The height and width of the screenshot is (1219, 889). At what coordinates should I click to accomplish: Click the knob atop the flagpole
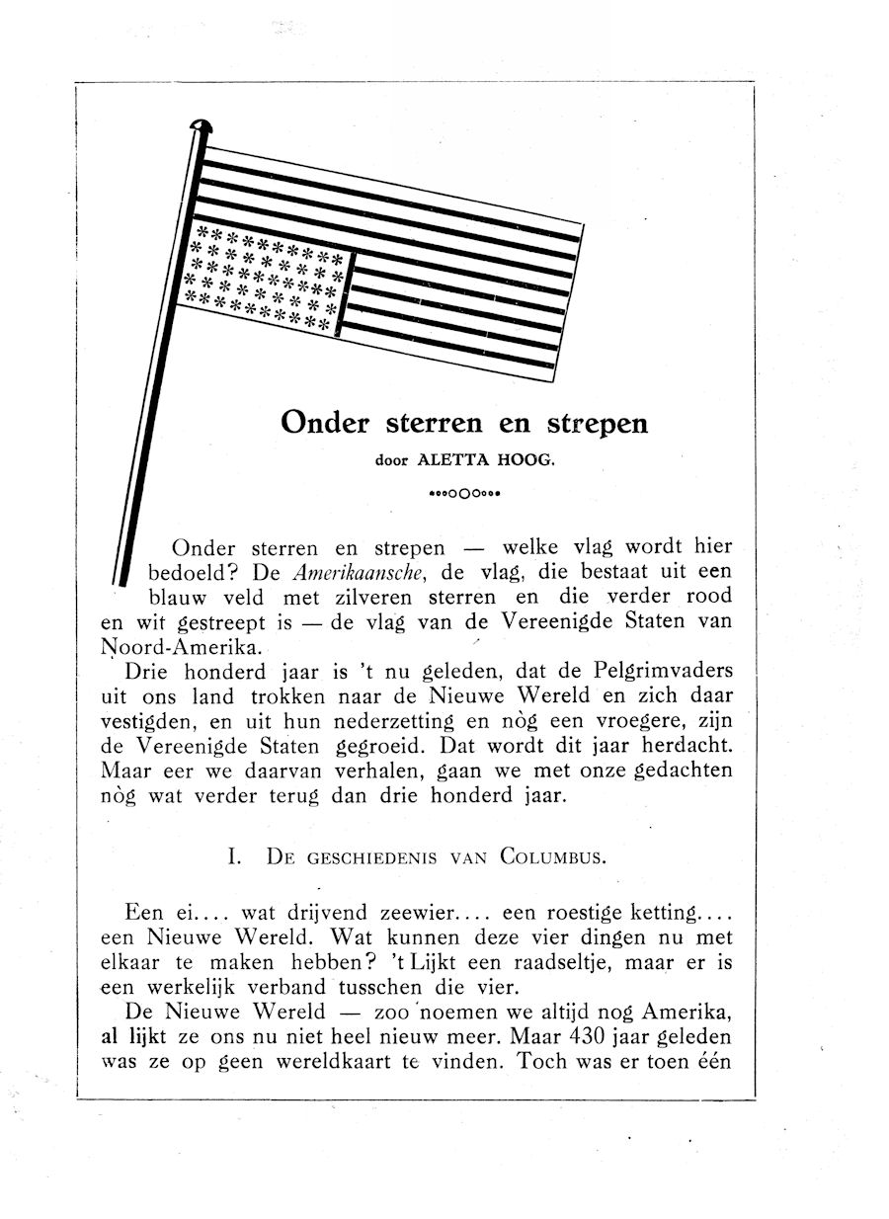(202, 125)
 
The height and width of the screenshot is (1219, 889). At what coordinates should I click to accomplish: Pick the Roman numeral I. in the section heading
(235, 856)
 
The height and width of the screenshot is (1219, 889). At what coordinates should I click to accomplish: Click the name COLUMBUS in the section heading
(552, 856)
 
